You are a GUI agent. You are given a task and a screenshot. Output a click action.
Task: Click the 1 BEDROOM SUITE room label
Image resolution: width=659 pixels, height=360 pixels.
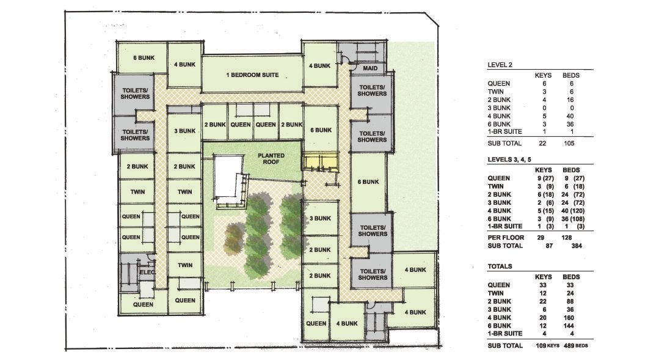(252, 75)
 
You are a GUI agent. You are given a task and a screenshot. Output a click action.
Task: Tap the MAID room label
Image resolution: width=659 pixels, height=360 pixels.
(370, 68)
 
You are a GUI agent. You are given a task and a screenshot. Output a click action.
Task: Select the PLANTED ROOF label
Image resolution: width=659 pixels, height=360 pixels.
(271, 158)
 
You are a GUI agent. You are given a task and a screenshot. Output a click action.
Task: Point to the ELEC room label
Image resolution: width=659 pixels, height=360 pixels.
(147, 272)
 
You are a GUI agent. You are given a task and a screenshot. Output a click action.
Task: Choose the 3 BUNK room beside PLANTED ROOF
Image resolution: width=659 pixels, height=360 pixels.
(185, 131)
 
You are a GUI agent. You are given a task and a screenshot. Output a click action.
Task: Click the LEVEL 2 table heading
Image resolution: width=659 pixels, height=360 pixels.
(500, 65)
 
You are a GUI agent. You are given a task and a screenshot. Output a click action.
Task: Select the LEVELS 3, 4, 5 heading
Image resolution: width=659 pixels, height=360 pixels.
(509, 160)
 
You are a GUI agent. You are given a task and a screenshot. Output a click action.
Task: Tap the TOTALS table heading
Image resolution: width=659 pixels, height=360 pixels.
(500, 266)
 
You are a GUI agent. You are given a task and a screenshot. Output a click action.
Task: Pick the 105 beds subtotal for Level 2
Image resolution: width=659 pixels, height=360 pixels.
(569, 144)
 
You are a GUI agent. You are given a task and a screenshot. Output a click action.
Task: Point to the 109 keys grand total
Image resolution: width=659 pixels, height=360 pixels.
(547, 346)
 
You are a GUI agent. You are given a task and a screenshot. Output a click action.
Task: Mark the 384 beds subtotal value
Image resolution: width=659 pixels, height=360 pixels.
(577, 246)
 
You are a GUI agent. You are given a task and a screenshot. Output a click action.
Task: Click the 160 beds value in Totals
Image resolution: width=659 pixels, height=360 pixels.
(571, 318)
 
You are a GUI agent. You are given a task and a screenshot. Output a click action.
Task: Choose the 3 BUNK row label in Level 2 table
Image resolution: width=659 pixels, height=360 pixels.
(499, 108)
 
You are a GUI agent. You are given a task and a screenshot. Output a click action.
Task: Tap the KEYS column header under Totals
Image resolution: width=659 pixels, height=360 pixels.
(543, 277)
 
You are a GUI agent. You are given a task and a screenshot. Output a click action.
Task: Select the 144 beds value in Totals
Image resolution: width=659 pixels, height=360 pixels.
(571, 326)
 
